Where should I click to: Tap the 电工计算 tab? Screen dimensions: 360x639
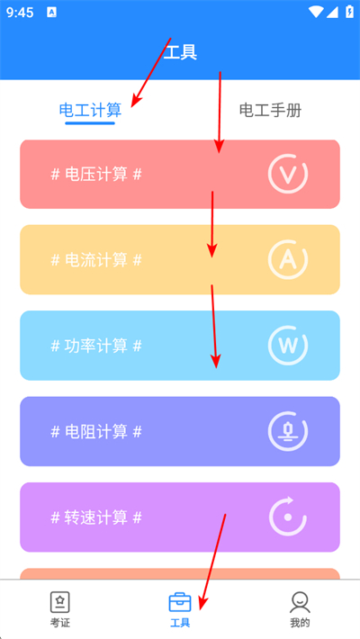[x=90, y=110]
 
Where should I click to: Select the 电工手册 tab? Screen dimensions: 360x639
[x=270, y=110]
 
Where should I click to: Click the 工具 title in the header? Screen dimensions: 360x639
[x=180, y=52]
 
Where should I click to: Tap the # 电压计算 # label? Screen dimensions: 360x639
[x=96, y=175]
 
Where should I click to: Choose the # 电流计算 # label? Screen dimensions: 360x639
[x=96, y=259]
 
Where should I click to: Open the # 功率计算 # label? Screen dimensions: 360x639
[x=96, y=346]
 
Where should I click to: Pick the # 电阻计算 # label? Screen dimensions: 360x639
[x=96, y=431]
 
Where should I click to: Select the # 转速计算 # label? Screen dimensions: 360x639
[x=96, y=517]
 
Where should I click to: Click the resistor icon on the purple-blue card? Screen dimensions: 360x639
[x=288, y=432]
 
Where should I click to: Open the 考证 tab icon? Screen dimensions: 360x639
[x=60, y=602]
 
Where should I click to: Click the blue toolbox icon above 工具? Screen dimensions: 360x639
[x=180, y=602]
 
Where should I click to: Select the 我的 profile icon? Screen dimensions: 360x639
[x=300, y=602]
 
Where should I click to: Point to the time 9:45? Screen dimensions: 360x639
[x=20, y=13]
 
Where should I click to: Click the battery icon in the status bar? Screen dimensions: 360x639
[x=349, y=12]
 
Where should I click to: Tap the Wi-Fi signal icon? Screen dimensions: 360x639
[x=316, y=13]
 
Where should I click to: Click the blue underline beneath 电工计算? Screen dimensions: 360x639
[x=90, y=122]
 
